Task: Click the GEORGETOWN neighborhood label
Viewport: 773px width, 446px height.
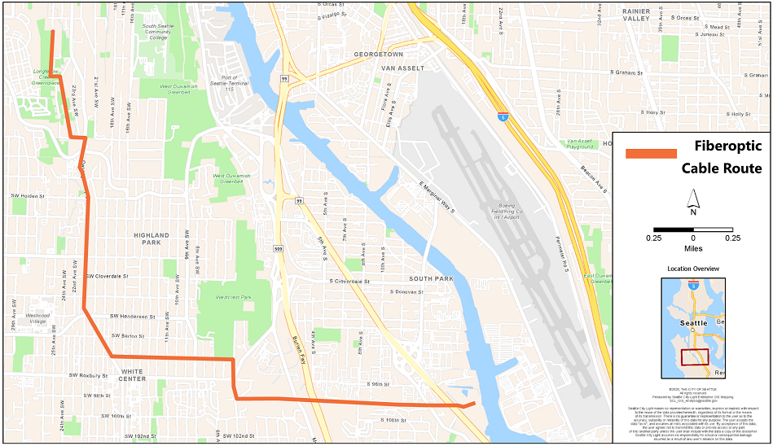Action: click(379, 55)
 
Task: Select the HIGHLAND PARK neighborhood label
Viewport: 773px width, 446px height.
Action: click(152, 238)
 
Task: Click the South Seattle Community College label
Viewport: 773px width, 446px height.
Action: click(161, 32)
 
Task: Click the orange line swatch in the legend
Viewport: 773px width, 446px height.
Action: click(651, 154)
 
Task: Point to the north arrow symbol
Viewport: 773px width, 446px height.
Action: click(693, 200)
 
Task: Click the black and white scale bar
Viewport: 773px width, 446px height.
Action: click(693, 230)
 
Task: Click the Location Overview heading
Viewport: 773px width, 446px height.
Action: click(693, 269)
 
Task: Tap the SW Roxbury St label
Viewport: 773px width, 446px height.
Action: click(89, 375)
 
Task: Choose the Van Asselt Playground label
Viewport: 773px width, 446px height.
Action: click(581, 144)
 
